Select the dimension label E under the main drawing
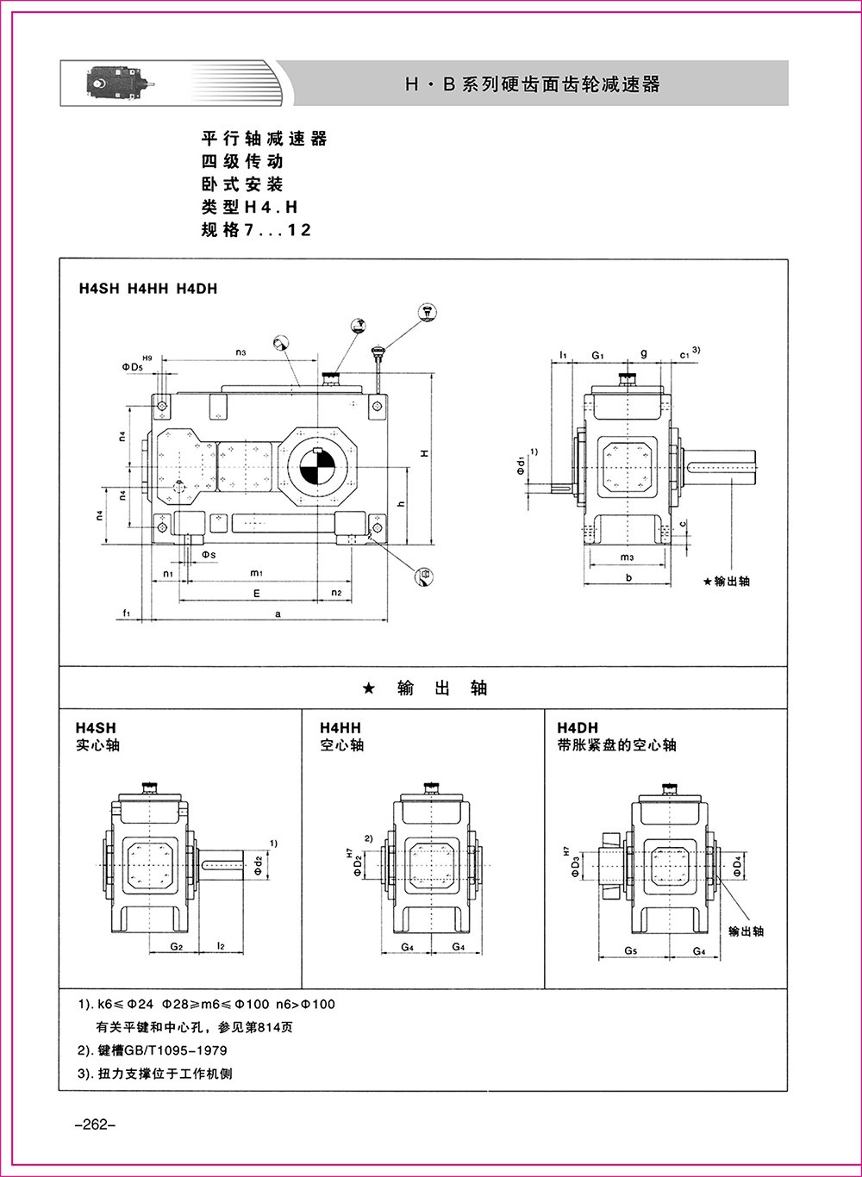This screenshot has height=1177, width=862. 256,594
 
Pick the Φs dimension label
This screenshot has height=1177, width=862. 209,552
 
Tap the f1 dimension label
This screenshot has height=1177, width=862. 127,613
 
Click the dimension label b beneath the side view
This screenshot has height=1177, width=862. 629,578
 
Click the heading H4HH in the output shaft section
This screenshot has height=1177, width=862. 340,728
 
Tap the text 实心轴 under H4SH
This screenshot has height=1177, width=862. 98,744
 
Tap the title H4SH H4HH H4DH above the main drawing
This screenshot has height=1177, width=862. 147,289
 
